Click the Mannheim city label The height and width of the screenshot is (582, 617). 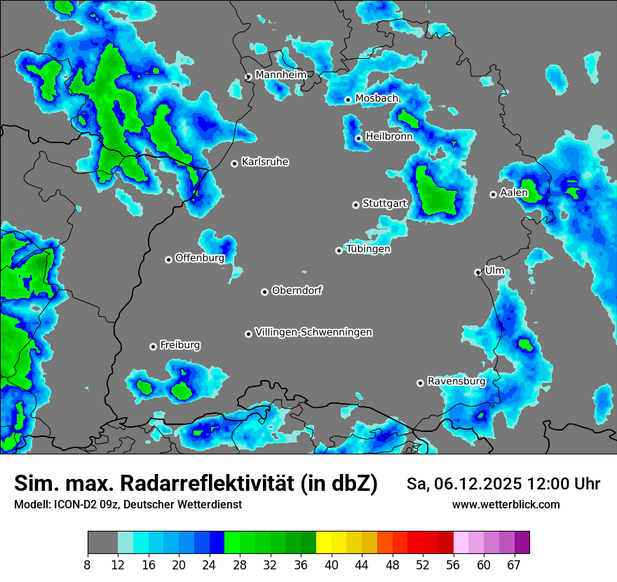point(280,74)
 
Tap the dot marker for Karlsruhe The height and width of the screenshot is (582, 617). point(235,163)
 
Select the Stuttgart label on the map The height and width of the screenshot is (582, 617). point(384,203)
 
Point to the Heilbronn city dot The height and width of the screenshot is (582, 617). point(358,138)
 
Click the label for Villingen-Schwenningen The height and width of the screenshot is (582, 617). point(313,332)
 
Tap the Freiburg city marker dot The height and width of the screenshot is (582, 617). point(153,346)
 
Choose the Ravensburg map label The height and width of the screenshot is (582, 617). point(456,381)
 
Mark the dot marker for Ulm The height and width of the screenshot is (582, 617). point(477,272)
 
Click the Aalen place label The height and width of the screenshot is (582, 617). point(513,192)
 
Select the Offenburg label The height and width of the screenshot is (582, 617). point(200,257)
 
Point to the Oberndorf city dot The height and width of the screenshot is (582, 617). point(264,292)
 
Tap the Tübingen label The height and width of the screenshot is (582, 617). point(368,248)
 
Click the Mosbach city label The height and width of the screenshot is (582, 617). point(377,98)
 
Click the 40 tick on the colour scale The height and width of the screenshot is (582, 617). point(332,565)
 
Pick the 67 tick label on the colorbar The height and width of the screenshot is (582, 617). point(514,565)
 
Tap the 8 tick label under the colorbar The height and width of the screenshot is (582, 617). point(88,565)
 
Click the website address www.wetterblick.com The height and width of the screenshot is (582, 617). point(506,504)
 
